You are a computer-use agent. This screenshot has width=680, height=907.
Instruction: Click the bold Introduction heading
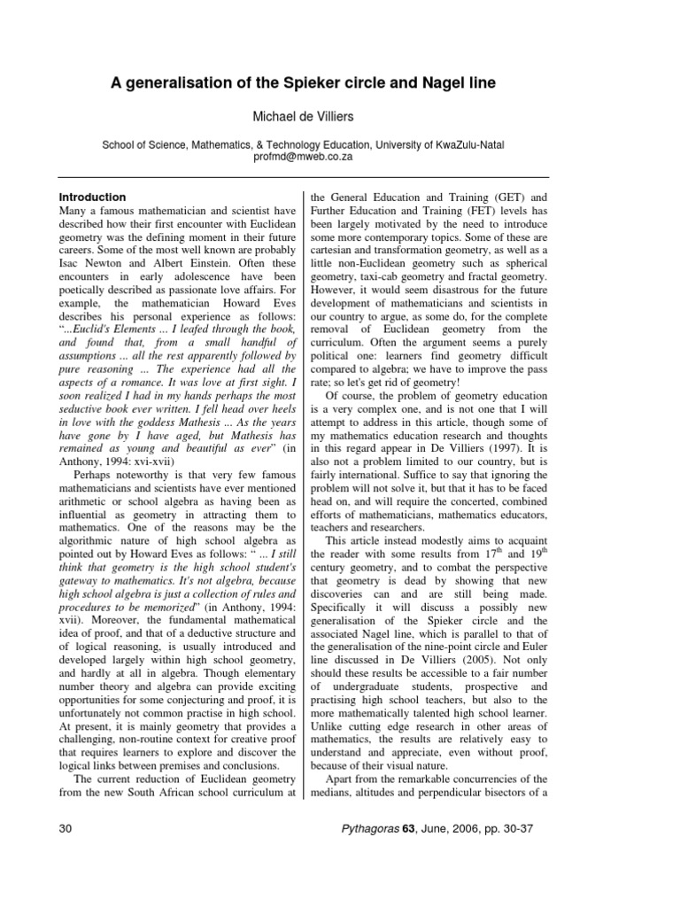[92, 197]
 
